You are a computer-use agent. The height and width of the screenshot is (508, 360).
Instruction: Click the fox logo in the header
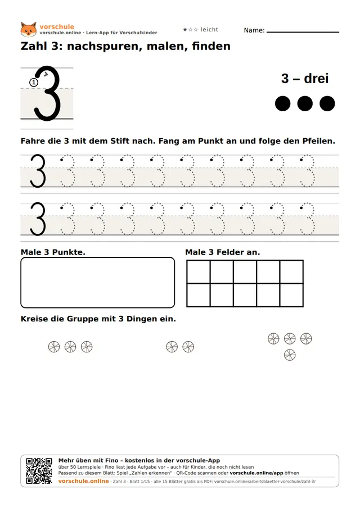point(29,29)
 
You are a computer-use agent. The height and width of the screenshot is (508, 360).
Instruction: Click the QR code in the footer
point(39,471)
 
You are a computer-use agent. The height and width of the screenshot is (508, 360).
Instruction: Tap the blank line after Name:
point(303,32)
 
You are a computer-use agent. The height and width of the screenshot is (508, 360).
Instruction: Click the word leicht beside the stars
point(209,29)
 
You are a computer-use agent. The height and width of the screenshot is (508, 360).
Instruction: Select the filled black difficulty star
point(185,29)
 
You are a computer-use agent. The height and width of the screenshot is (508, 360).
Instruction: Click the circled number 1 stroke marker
point(34,83)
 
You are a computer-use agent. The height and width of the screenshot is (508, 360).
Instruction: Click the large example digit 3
point(48,93)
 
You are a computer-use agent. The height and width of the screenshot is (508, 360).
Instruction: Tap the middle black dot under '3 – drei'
point(305,103)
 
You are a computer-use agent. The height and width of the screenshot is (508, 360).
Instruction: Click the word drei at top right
point(316,79)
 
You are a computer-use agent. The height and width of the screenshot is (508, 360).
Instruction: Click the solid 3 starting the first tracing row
point(38,171)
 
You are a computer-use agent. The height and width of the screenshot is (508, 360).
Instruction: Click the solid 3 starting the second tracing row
point(38,219)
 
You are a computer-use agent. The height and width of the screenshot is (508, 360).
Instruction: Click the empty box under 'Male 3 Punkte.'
point(98,283)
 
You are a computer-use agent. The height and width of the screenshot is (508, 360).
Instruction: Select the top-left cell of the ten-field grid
point(199,272)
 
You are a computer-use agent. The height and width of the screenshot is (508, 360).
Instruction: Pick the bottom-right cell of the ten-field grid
point(291,295)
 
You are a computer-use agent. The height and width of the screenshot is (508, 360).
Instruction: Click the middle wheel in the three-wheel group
point(70,347)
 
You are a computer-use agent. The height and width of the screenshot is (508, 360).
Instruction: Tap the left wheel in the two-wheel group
point(172,347)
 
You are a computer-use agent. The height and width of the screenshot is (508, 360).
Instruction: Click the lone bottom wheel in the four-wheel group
point(290,355)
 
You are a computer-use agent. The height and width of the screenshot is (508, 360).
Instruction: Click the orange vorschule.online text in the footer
point(84,481)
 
